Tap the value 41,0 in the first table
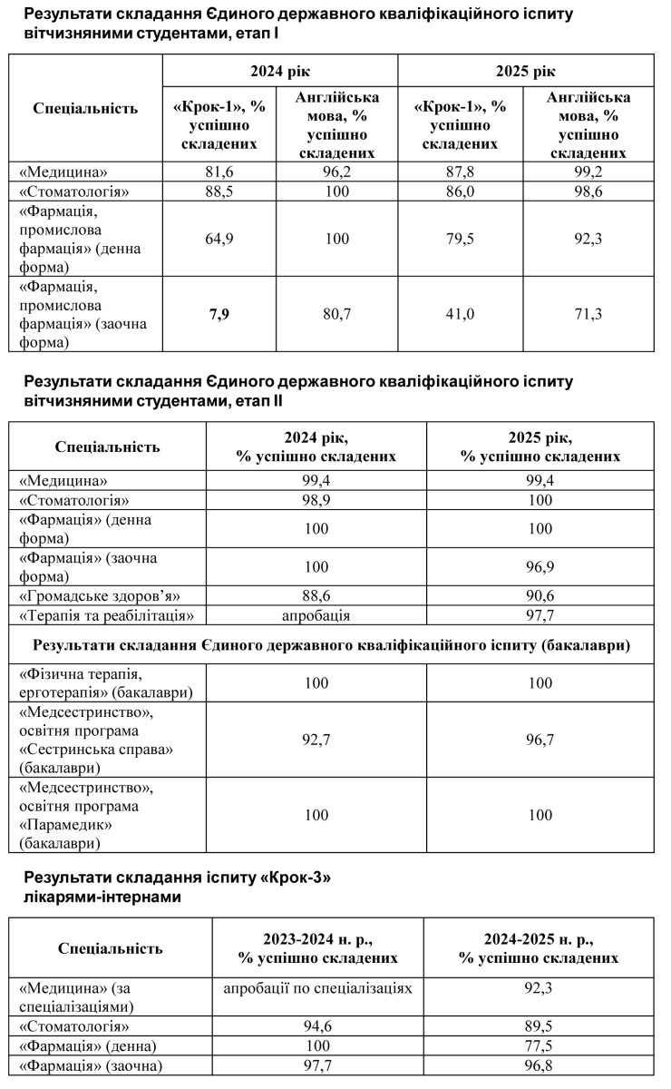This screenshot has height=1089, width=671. [x=460, y=314]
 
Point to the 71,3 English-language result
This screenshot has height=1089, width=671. [x=588, y=314]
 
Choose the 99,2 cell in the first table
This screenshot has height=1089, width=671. [x=588, y=172]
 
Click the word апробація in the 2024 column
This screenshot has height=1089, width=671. [x=316, y=615]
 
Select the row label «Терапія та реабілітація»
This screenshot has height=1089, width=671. [x=108, y=615]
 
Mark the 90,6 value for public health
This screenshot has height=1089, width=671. [x=540, y=596]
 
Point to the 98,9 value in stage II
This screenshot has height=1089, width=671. [x=316, y=500]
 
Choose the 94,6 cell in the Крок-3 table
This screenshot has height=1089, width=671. [x=317, y=1026]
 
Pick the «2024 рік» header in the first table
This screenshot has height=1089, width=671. [x=279, y=71]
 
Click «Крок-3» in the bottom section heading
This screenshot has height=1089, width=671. [x=294, y=878]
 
